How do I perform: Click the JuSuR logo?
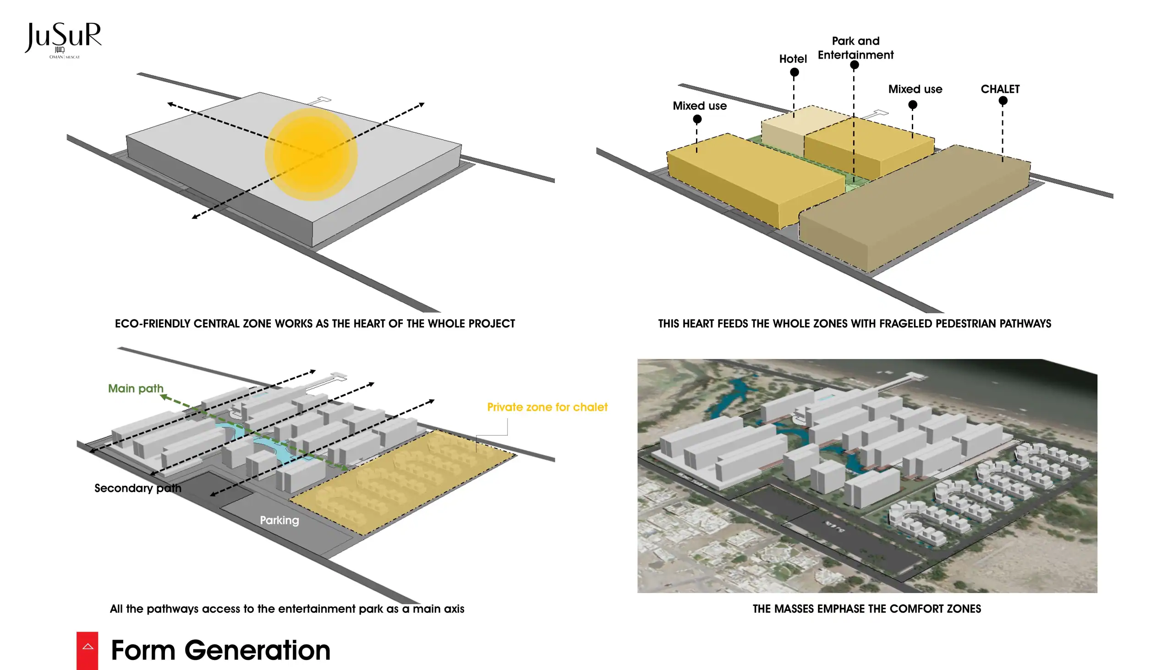click(63, 39)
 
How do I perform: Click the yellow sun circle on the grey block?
click(311, 154)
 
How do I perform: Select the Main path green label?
click(135, 388)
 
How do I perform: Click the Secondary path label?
click(137, 488)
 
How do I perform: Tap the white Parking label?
click(280, 520)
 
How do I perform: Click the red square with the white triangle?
click(88, 650)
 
